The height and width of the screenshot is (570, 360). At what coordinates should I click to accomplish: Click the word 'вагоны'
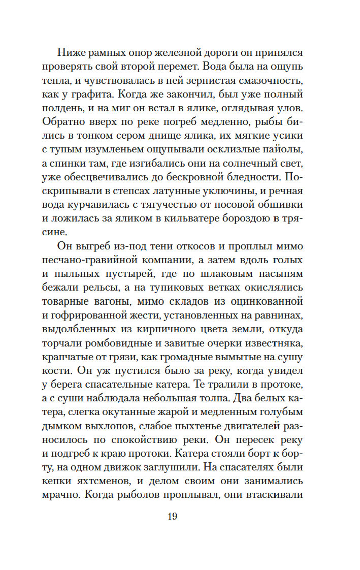click(104, 301)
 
